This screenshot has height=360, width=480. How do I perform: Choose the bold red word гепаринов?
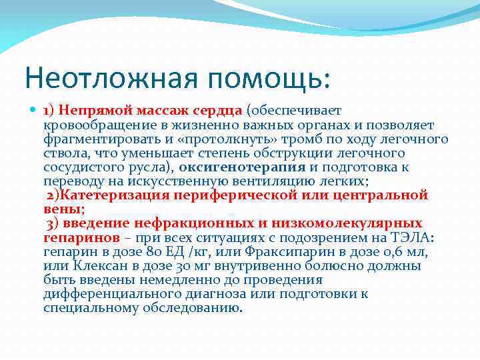(81, 237)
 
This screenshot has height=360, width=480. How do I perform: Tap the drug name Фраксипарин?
(299, 251)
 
